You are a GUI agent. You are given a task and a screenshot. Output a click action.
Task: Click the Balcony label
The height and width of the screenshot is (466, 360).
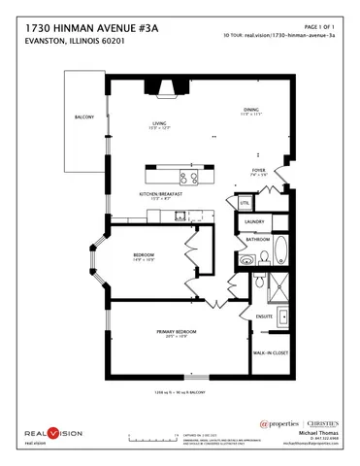[84, 117]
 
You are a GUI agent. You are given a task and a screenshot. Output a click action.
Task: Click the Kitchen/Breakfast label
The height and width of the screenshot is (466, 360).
[160, 194]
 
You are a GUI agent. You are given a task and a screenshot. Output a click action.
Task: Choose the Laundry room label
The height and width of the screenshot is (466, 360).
[255, 221]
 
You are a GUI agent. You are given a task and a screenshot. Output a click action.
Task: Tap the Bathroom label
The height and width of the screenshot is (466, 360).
[257, 239]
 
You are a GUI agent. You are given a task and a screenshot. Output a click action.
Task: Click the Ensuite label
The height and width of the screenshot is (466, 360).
[264, 316]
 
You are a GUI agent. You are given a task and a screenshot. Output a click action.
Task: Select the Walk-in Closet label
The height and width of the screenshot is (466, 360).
[270, 352]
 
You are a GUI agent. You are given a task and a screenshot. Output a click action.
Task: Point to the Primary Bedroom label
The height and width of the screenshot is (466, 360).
[178, 332]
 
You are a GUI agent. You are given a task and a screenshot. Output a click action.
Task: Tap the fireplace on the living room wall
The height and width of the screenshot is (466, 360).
[163, 88]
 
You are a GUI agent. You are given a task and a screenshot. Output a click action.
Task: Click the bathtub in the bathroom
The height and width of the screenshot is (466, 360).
[279, 251]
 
